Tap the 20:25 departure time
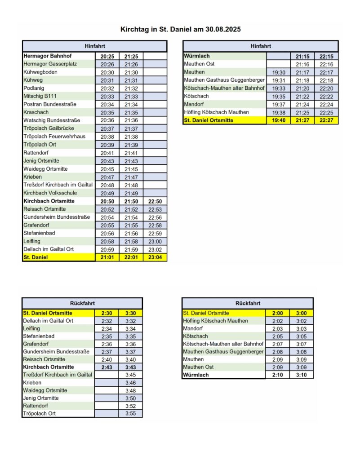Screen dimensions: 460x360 coord(107,56)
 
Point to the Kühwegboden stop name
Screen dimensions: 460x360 coord(40,72)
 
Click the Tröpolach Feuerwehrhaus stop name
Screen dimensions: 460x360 coord(54,137)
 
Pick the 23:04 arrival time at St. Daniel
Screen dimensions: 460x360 coord(155,257)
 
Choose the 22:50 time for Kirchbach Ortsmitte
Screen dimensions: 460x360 coord(155,201)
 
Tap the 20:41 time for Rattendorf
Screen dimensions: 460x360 coord(107,153)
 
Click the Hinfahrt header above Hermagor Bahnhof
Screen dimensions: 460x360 coord(94,46)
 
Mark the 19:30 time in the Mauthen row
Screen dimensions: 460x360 coord(278,72)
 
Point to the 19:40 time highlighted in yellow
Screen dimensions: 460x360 coord(278,120)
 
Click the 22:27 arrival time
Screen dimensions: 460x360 coord(326,120)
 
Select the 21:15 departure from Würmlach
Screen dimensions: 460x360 coord(302,56)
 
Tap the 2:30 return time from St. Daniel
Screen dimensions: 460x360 coord(107,313)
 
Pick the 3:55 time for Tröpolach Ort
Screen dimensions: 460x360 coord(130,413)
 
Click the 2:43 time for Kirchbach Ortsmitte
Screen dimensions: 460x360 coord(107,367)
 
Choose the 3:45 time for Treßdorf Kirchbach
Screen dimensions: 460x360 coord(130,375)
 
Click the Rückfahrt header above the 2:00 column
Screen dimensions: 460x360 coord(247,303)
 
